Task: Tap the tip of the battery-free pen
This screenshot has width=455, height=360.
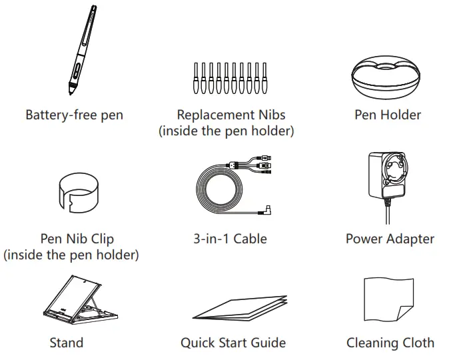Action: (68, 91)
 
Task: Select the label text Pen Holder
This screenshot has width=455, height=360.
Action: (388, 115)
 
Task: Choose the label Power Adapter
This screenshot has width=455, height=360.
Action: (390, 239)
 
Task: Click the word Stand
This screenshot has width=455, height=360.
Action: (67, 343)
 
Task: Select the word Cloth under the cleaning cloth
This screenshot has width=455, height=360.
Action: (417, 343)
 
